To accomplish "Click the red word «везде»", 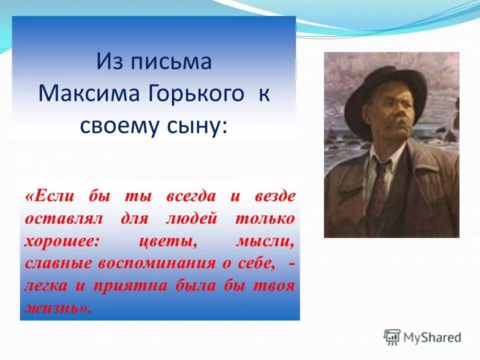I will coord(275,196).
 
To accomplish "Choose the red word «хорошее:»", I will coord(62,241).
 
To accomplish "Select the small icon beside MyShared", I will coord(392,337).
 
